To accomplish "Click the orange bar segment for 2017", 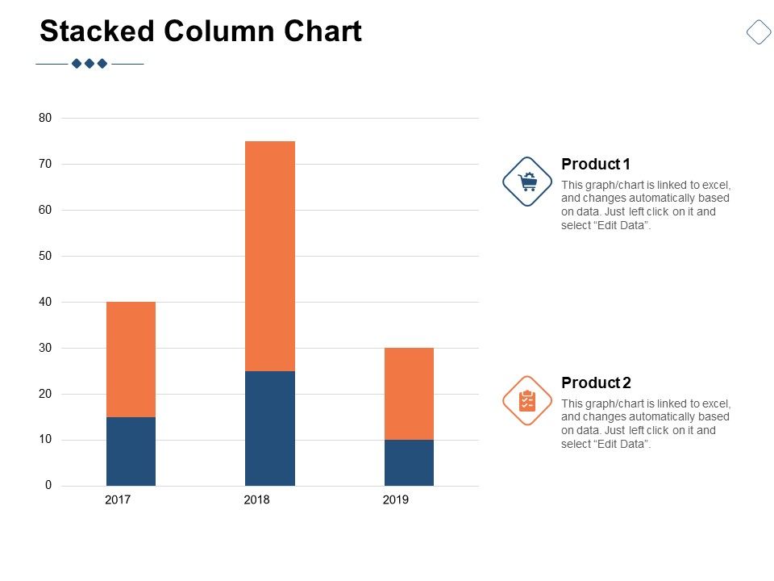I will tap(131, 359).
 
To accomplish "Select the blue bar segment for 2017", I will tap(131, 451).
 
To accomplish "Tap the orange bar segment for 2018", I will tap(270, 256).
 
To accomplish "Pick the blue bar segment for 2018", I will tap(270, 428).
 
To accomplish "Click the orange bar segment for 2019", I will tap(409, 394).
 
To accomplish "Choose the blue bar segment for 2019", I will tap(409, 462).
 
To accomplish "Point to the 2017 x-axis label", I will tap(118, 499).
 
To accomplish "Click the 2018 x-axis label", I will tap(256, 499).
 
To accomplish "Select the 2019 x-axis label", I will tap(395, 499).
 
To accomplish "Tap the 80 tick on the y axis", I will tap(45, 118).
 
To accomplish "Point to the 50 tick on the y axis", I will tap(45, 256).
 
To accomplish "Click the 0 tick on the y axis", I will tap(48, 485).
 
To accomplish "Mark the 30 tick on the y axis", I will tap(45, 348).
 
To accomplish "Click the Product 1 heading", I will tap(596, 165).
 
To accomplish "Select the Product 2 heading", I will tap(596, 382).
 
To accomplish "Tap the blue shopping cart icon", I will tap(527, 182).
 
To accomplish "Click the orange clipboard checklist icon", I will tap(527, 400).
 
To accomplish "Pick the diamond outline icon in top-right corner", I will tap(759, 31).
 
